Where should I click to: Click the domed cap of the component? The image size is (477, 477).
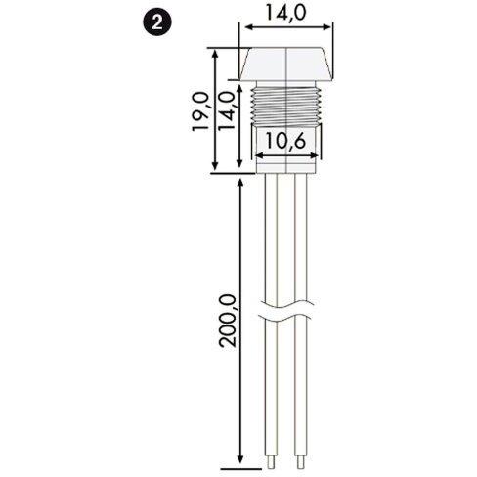click(282, 65)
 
